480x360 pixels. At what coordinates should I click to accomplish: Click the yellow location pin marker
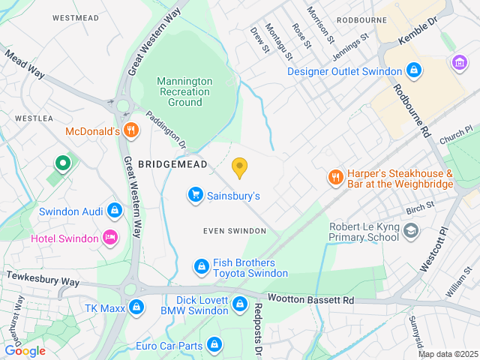239,168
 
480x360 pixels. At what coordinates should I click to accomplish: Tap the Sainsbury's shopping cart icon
196,195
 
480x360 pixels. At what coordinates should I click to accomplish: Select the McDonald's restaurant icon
131,130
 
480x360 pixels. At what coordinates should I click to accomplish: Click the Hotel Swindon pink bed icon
110,238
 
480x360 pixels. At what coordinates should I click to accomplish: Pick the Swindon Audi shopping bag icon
115,209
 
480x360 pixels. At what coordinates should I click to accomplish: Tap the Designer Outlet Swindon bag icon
413,71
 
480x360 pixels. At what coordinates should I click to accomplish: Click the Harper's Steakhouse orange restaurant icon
334,178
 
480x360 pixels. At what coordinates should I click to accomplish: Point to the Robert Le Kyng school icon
410,230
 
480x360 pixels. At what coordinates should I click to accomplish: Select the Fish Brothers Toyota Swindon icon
201,266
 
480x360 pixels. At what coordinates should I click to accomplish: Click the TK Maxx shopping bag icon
136,306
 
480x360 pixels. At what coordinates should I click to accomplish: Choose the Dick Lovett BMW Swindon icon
239,304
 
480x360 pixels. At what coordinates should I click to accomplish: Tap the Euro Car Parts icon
214,344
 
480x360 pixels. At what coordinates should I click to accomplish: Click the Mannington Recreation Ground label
184,91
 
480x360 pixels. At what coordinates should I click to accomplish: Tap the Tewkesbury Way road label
43,277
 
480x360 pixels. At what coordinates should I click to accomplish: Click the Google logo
25,350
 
